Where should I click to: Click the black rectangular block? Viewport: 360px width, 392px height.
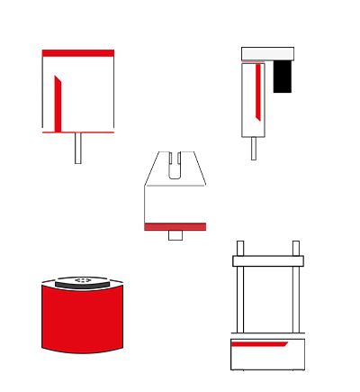pyautogui.click(x=282, y=76)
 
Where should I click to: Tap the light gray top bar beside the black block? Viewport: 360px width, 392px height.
pyautogui.click(x=267, y=53)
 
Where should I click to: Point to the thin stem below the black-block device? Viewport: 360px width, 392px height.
pyautogui.click(x=254, y=148)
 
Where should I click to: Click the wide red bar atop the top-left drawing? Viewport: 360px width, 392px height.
pyautogui.click(x=78, y=53)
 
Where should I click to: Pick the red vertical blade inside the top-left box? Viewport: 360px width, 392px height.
pyautogui.click(x=58, y=103)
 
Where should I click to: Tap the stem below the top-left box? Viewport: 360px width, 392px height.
pyautogui.click(x=78, y=148)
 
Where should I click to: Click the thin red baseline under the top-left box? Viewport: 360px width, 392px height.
pyautogui.click(x=78, y=132)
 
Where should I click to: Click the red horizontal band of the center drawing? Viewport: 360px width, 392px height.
pyautogui.click(x=175, y=226)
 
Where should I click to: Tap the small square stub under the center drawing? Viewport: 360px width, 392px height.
pyautogui.click(x=175, y=236)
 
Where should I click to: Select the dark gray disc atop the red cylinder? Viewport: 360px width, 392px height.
pyautogui.click(x=82, y=283)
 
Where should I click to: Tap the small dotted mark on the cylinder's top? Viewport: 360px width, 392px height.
pyautogui.click(x=82, y=279)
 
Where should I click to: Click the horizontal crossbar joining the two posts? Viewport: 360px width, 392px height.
pyautogui.click(x=268, y=260)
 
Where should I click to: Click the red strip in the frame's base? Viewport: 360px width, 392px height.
pyautogui.click(x=258, y=343)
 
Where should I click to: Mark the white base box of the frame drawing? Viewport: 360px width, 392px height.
pyautogui.click(x=268, y=358)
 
